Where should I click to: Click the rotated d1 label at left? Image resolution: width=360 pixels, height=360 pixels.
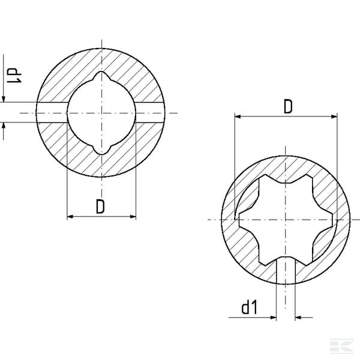pos(14,76)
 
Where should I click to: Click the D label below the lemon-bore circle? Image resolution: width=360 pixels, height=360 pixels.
pos(100,206)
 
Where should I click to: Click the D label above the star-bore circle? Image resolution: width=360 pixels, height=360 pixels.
pos(288,107)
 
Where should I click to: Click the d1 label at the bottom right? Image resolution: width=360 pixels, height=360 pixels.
pos(250,307)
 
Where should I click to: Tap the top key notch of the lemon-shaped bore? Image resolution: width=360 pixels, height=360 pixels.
pos(101,76)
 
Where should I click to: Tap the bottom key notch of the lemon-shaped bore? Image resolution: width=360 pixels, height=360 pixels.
pos(101,150)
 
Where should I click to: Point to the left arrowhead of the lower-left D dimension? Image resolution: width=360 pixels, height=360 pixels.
pos(70,217)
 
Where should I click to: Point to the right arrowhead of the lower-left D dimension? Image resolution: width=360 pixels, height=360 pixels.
pos(133,217)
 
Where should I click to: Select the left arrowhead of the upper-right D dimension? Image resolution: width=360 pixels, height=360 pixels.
pos(238,116)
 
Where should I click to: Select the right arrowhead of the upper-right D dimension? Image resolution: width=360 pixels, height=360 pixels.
pos(334,116)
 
